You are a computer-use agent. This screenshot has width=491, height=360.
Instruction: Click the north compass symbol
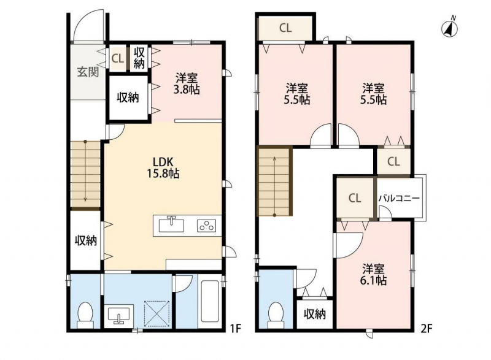pyautogui.click(x=450, y=28)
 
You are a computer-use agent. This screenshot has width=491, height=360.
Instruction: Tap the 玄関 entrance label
pyautogui.click(x=88, y=72)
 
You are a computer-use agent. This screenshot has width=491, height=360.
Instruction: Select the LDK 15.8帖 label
pyautogui.click(x=163, y=167)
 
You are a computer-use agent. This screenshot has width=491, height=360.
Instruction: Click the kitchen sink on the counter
pyautogui.click(x=171, y=224)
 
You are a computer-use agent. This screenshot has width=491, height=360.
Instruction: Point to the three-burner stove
pyautogui.click(x=206, y=226)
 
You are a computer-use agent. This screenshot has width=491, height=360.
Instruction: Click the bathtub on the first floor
pyautogui.click(x=210, y=301)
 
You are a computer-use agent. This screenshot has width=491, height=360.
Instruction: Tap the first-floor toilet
pyautogui.click(x=85, y=315)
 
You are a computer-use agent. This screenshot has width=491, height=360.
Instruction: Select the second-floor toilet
pyautogui.click(x=276, y=315)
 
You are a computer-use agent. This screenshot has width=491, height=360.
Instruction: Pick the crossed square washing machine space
pyautogui.click(x=157, y=313)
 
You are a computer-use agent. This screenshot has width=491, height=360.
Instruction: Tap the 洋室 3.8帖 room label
pyautogui.click(x=187, y=83)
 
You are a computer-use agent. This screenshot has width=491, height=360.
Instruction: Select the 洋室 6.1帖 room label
pyautogui.click(x=373, y=274)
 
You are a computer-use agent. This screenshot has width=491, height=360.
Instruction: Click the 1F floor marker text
pyautogui.click(x=236, y=329)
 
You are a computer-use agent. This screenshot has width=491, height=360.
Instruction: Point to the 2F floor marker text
pyautogui.click(x=426, y=329)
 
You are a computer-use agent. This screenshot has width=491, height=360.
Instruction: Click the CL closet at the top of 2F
pyautogui.click(x=285, y=28)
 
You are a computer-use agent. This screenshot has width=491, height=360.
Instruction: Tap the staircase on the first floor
pyautogui.click(x=85, y=174)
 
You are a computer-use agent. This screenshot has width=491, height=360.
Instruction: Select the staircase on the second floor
pyautogui.click(x=274, y=182)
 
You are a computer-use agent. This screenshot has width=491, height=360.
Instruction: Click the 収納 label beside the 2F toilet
pyautogui.click(x=314, y=314)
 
